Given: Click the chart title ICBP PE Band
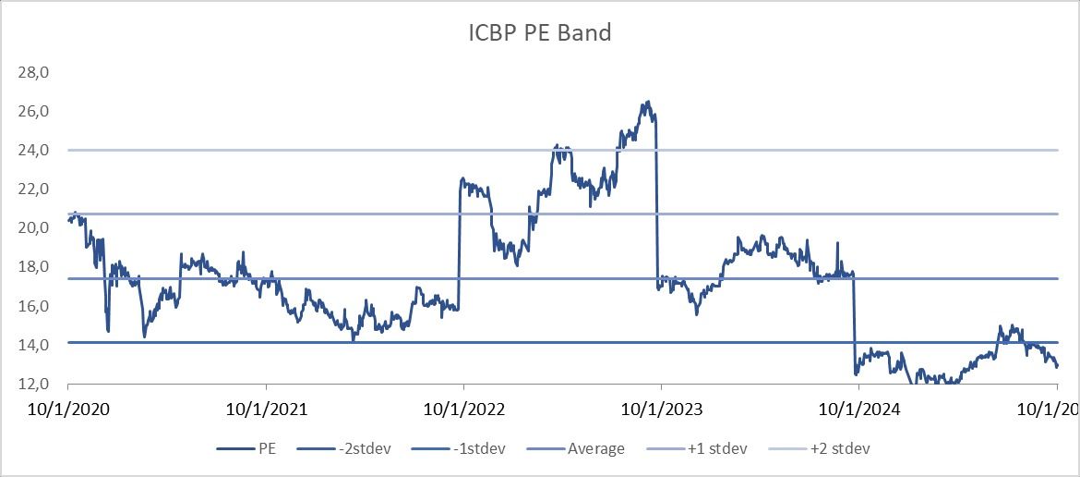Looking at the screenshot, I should click(x=539, y=34).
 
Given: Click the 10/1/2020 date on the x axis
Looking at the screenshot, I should click(x=68, y=409).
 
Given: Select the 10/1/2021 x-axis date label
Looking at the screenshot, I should click(x=266, y=409).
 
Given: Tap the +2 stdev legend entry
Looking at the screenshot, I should click(x=835, y=448).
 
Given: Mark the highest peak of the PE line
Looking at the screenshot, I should click(x=649, y=102).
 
